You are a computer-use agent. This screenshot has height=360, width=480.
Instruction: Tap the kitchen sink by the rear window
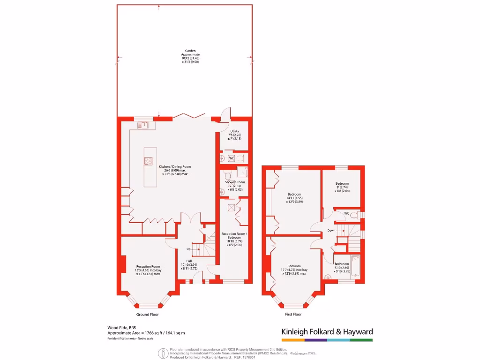[x=143, y=125]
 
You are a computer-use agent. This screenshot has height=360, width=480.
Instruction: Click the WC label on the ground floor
[x=231, y=158]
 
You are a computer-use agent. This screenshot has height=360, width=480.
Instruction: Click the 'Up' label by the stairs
[x=189, y=249]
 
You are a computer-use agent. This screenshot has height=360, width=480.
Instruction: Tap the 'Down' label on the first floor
[x=331, y=230]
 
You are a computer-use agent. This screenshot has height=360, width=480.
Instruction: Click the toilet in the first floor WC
[x=357, y=215]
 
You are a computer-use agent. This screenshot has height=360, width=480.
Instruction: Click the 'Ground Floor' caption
[x=148, y=315]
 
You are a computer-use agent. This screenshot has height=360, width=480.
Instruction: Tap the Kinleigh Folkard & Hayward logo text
[x=327, y=331]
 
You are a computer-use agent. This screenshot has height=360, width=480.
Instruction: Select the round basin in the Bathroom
[x=328, y=277]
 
